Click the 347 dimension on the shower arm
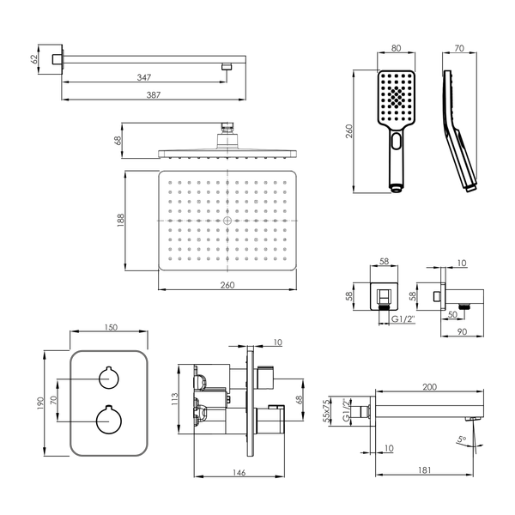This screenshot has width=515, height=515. pos(144,77)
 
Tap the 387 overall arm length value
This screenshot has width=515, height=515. pos(154,95)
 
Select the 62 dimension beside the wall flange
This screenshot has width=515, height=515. pos(33,59)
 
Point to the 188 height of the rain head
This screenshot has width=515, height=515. pos(120,221)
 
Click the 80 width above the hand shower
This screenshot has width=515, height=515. pos(396,48)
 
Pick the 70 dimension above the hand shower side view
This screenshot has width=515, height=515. pos(459,48)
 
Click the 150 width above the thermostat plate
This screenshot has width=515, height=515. pos(111,328)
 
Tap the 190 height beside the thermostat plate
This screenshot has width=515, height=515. pos(40,403)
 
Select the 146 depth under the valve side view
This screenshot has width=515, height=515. pos(239,473)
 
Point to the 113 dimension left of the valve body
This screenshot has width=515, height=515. pos(174,399)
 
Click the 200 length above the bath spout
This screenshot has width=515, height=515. pos(429,387)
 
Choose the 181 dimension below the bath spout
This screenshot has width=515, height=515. pos(424,470)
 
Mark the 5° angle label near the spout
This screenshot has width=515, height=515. pos(462,439)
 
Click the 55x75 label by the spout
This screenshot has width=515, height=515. pos(326,411)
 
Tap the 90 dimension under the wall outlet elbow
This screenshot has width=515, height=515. pos(462,331)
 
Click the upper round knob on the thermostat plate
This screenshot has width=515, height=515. pos(109,378)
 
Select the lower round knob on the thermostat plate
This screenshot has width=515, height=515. pos(109,421)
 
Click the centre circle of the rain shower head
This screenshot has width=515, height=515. pos(227,221)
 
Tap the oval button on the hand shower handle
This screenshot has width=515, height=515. pos(397,142)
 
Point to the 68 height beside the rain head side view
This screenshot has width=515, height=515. pos(118,140)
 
